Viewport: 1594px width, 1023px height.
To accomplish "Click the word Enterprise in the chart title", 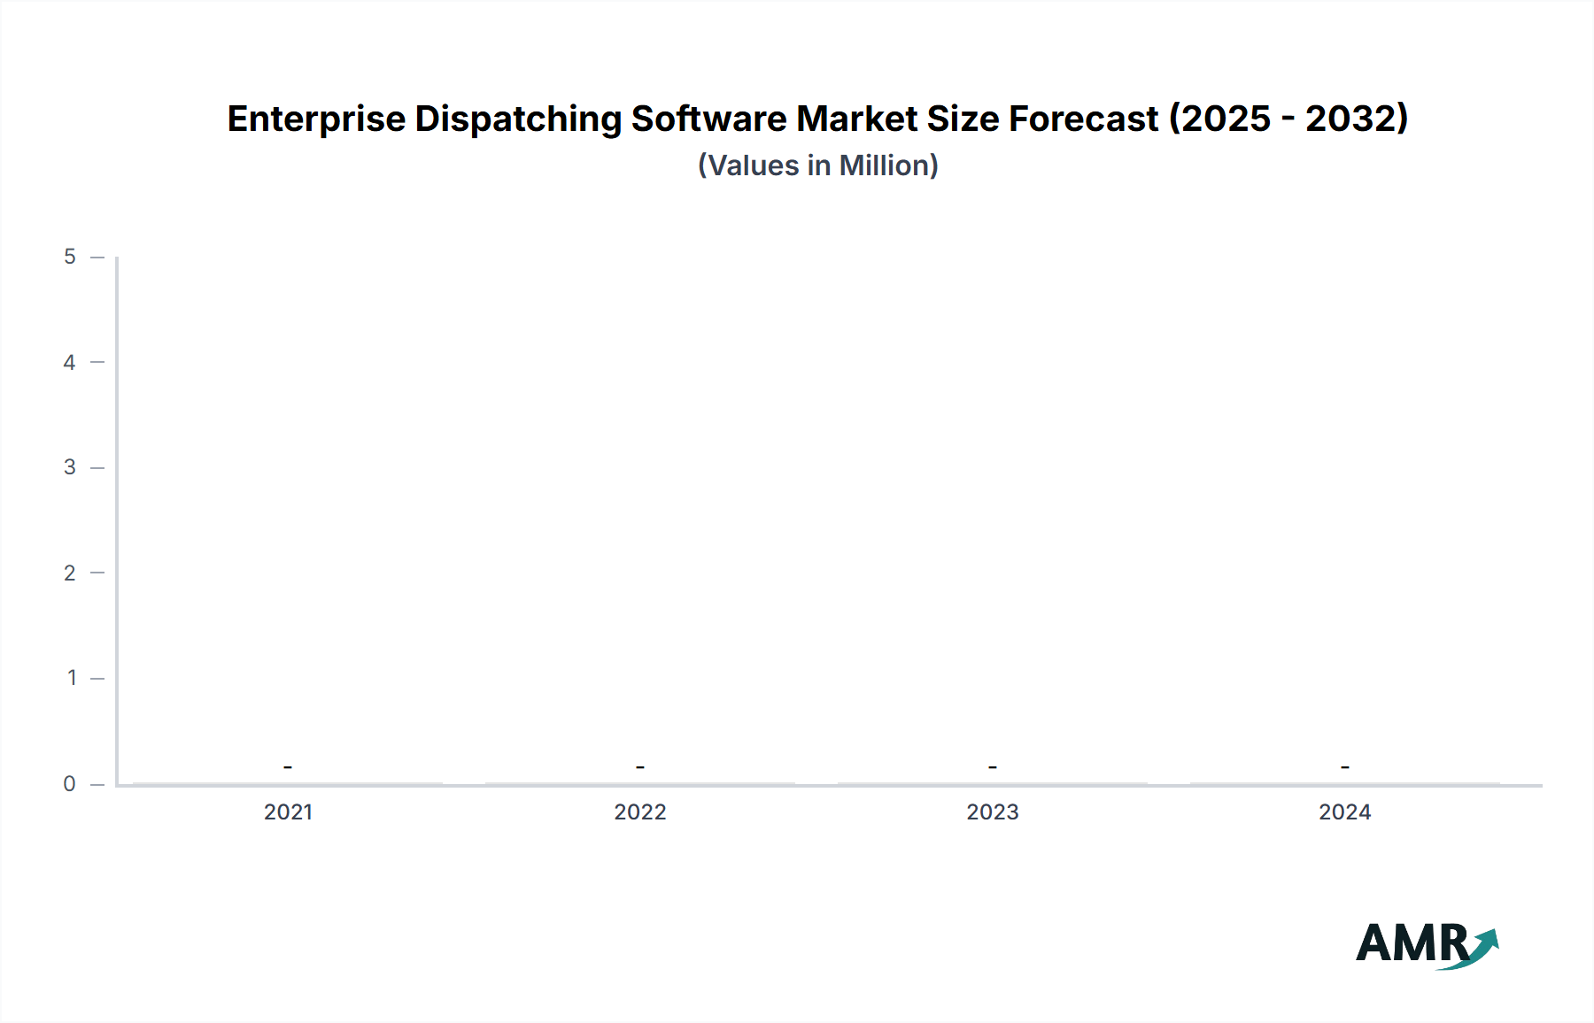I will click(315, 119).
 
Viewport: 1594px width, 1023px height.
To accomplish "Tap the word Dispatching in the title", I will click(517, 119).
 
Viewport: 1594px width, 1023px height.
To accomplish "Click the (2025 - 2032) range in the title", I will click(1288, 119).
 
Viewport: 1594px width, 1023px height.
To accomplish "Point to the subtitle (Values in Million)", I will click(817, 165).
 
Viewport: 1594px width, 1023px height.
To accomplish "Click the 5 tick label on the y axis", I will click(70, 257).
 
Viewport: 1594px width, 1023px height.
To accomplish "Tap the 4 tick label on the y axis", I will click(70, 362).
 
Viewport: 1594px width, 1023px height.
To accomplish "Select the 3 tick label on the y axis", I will click(70, 467).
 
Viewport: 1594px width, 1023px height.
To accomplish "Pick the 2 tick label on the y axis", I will click(70, 573).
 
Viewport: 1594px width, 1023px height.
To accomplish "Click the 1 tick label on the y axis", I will click(71, 678).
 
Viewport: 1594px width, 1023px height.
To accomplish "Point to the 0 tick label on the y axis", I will click(70, 784).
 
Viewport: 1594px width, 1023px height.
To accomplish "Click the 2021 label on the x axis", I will click(288, 812).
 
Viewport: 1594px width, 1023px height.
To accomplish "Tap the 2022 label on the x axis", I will click(640, 812).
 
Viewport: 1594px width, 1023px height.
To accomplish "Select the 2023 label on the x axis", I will click(993, 812).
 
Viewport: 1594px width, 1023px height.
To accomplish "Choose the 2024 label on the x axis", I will click(1344, 812).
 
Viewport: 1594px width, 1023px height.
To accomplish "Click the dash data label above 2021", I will click(288, 766).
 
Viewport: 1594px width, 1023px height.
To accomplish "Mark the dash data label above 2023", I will click(993, 766).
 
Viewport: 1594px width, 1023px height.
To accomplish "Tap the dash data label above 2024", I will click(1344, 766).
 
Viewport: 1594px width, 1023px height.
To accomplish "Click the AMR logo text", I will click(1411, 943).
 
